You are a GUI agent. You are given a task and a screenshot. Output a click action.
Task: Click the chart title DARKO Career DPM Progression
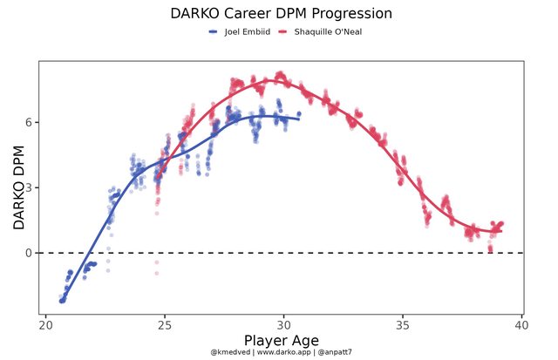281,14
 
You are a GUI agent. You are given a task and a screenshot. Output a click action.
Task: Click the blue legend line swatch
214,32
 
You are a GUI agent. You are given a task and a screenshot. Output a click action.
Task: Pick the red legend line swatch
283,32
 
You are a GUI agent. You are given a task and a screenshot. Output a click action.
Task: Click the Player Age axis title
281,340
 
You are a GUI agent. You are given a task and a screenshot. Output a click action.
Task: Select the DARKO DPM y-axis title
19,187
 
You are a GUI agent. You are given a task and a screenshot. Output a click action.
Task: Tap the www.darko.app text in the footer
280,352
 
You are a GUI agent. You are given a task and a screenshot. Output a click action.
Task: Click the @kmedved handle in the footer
228,352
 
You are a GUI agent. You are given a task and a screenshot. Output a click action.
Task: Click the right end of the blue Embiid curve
298,119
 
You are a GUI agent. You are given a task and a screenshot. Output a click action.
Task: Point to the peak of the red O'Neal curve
271,81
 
